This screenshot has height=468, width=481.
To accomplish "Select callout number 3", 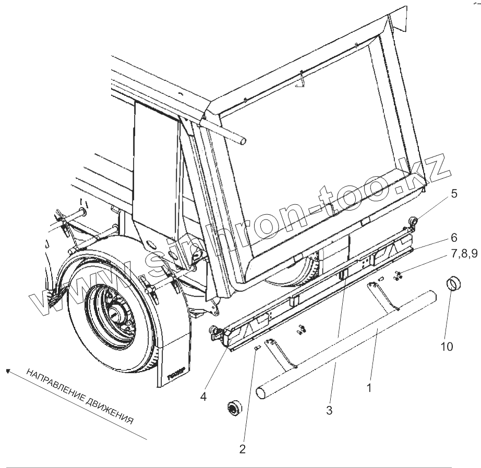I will (x=329, y=410).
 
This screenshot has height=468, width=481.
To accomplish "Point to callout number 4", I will (x=203, y=396).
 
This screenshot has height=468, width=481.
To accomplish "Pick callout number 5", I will (x=454, y=194).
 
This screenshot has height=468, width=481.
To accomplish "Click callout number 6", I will (x=454, y=238).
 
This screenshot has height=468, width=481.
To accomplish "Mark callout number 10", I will (x=448, y=346).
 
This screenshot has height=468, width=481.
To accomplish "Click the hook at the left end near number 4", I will (x=214, y=330).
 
